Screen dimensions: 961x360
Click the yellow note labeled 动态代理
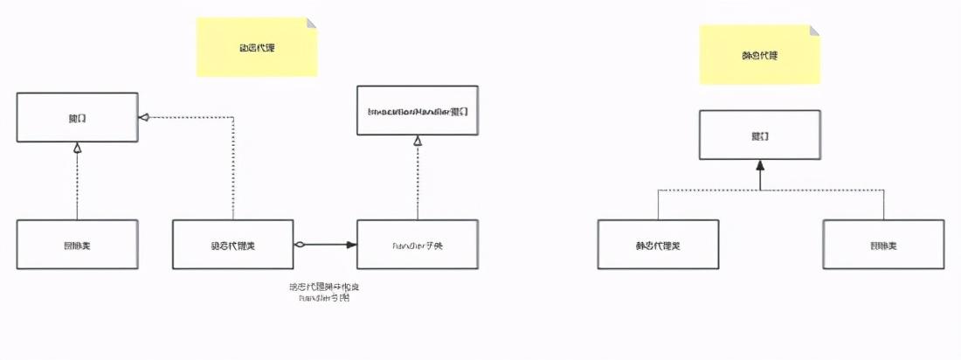[x=256, y=47]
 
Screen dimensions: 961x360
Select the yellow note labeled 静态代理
[x=759, y=54]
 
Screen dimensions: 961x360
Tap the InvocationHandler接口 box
[x=418, y=110]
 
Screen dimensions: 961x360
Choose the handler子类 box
[x=418, y=244]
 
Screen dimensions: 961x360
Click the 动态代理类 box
[x=232, y=244]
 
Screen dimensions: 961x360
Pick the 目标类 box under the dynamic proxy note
[x=77, y=244]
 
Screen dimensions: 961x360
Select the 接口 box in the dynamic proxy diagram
[x=77, y=117]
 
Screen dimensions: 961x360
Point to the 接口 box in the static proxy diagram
[x=760, y=135]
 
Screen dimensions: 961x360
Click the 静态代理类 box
[x=658, y=244]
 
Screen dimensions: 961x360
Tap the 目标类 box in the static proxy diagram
[x=883, y=244]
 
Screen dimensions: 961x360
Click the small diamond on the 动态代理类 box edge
[x=299, y=244]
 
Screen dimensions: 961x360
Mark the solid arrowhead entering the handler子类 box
[x=351, y=244]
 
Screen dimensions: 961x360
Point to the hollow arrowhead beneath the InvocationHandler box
[x=418, y=141]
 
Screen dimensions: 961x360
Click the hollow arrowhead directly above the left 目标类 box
[x=77, y=148]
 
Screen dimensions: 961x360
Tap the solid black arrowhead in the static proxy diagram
[x=760, y=166]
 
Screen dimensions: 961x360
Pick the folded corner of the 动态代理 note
[x=311, y=24]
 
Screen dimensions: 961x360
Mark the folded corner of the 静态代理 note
[x=814, y=31]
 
